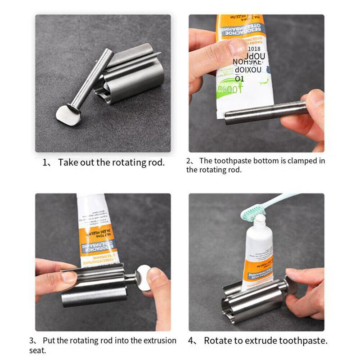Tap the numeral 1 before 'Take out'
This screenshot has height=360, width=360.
click(45, 162)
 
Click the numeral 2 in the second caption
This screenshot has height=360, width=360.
click(189, 161)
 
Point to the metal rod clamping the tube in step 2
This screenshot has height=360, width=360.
click(265, 113)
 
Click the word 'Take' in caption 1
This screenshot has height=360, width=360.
click(67, 162)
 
